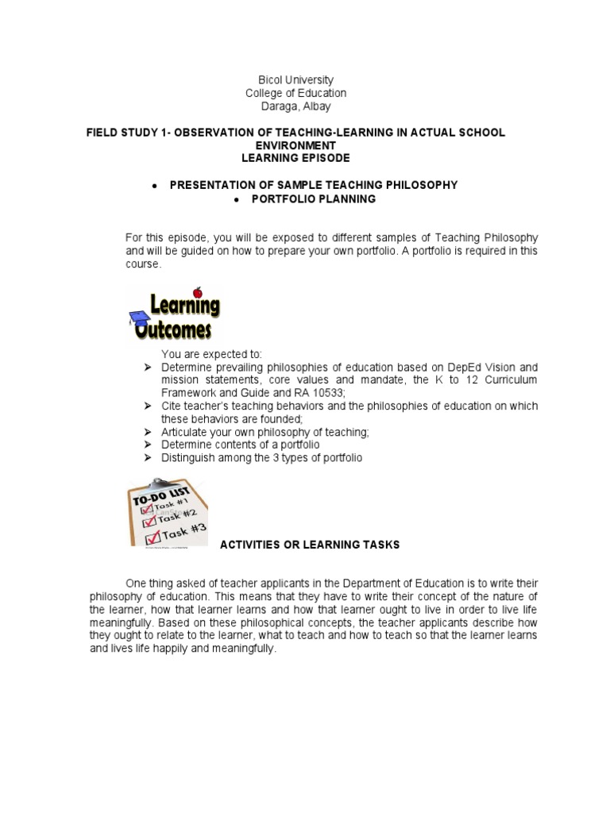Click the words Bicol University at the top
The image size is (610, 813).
pyautogui.click(x=295, y=80)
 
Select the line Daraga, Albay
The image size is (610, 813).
pyautogui.click(x=295, y=106)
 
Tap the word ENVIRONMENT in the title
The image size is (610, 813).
pyautogui.click(x=295, y=146)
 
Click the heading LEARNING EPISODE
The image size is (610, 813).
pyautogui.click(x=295, y=159)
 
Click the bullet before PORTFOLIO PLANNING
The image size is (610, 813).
pyautogui.click(x=236, y=198)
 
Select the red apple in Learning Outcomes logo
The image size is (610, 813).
pyautogui.click(x=198, y=291)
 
